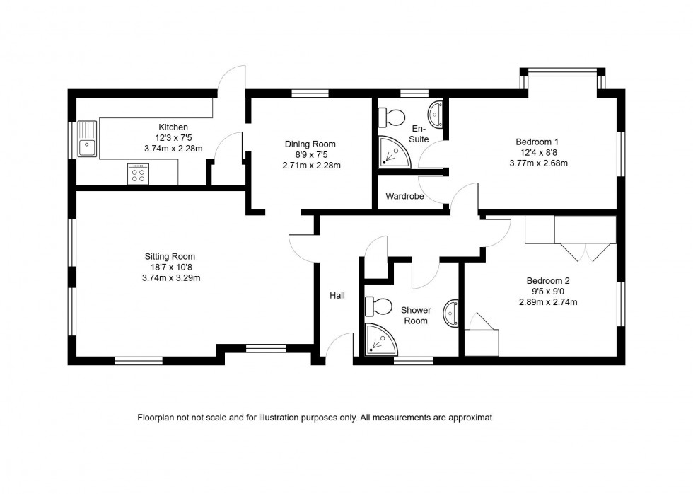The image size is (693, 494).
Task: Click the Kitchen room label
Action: [173, 127]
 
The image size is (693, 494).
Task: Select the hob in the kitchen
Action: [138, 173]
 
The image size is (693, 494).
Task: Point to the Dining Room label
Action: [310, 144]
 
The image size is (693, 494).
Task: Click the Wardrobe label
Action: [404, 196]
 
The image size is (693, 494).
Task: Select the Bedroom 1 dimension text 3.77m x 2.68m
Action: [538, 163]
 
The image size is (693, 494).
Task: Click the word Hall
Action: [337, 295]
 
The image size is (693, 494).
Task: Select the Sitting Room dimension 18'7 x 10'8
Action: [170, 268]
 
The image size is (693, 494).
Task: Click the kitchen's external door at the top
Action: [231, 80]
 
